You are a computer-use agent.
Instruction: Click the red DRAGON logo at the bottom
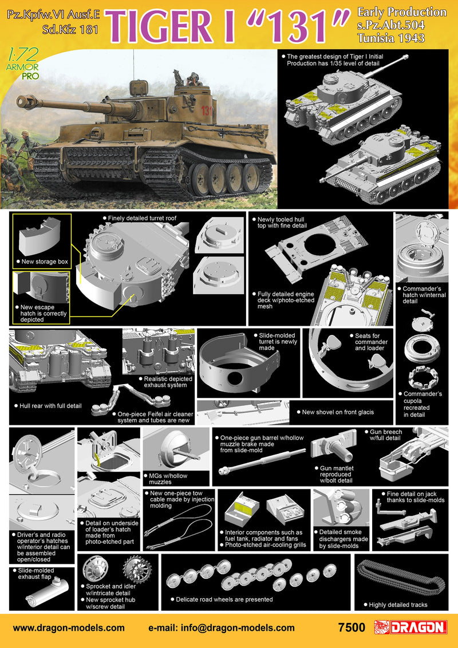411,627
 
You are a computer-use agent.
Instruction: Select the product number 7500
352,628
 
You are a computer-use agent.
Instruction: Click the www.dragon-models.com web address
69,628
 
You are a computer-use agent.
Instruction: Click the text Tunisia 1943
391,38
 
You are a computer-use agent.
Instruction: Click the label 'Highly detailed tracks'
398,604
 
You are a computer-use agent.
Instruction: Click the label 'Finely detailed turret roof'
142,218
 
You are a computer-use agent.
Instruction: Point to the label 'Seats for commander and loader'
371,342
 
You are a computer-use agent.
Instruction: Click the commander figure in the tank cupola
193,79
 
